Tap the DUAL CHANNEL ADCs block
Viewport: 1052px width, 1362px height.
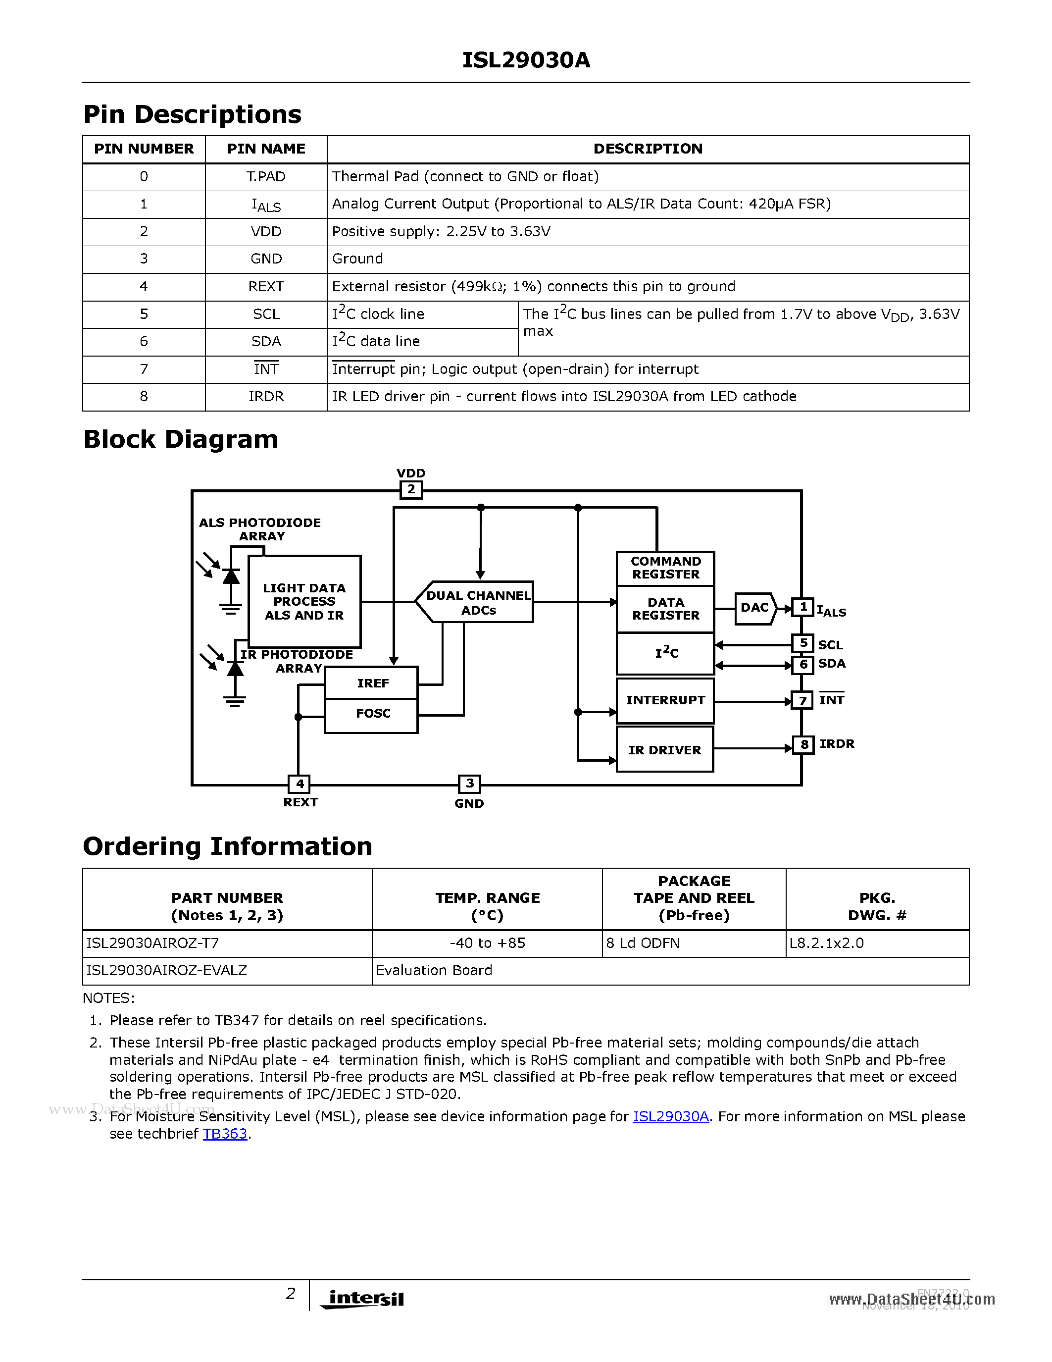click(x=478, y=602)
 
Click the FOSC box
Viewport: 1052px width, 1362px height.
click(x=372, y=714)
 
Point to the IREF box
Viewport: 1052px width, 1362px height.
click(x=372, y=683)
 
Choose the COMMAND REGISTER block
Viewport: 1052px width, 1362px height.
click(x=665, y=568)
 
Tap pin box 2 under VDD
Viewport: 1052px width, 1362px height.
click(x=411, y=489)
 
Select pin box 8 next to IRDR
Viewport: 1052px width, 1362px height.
click(x=803, y=744)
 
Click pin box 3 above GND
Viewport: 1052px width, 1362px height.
click(x=469, y=784)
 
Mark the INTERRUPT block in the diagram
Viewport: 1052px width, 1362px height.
click(x=665, y=700)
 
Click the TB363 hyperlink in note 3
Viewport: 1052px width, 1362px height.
click(x=225, y=1134)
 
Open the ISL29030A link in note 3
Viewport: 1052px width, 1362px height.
click(x=671, y=1116)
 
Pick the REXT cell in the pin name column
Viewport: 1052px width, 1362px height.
click(x=266, y=287)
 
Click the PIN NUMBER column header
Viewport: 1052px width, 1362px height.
click(x=144, y=149)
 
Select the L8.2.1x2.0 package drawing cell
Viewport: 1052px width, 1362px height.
click(x=826, y=943)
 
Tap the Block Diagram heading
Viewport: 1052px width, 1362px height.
click(x=181, y=440)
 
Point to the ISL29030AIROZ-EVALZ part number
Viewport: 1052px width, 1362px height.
click(x=166, y=970)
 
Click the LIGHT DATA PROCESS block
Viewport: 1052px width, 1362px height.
click(x=304, y=602)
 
